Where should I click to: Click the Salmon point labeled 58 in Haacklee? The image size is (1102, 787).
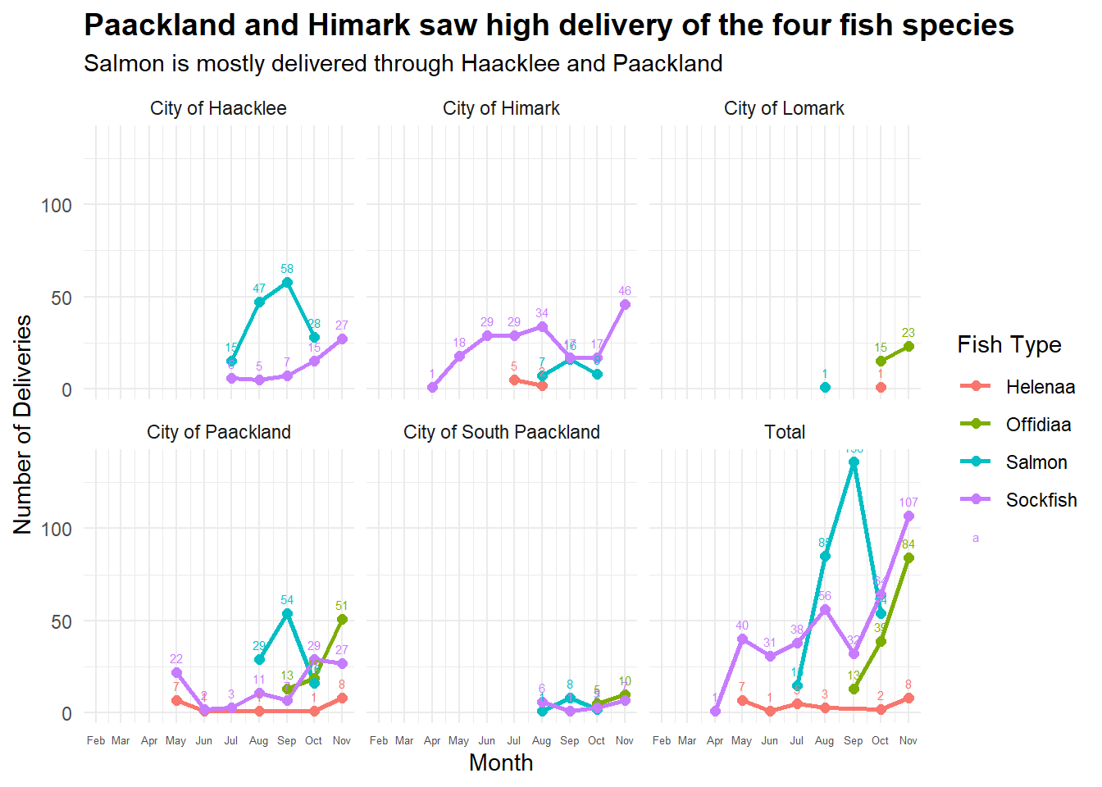pyautogui.click(x=287, y=283)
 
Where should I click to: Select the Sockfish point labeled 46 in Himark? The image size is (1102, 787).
pyautogui.click(x=625, y=305)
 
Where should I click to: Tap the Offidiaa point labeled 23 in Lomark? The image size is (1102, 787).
pyautogui.click(x=908, y=347)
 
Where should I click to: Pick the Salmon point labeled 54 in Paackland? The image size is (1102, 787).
pyautogui.click(x=287, y=614)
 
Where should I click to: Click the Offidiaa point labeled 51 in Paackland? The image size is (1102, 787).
pyautogui.click(x=342, y=620)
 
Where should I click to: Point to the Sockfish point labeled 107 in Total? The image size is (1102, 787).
pyautogui.click(x=908, y=516)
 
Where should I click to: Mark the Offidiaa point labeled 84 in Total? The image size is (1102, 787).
pyautogui.click(x=908, y=558)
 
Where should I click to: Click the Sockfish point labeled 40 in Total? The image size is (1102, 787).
pyautogui.click(x=742, y=639)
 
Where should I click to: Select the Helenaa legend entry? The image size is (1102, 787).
pyautogui.click(x=1040, y=387)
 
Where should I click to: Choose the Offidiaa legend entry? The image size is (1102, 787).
pyautogui.click(x=1038, y=425)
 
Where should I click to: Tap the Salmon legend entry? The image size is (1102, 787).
pyautogui.click(x=1036, y=462)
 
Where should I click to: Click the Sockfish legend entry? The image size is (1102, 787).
pyautogui.click(x=1041, y=500)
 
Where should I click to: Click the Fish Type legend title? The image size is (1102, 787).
pyautogui.click(x=1009, y=345)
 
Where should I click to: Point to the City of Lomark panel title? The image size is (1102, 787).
pyautogui.click(x=784, y=109)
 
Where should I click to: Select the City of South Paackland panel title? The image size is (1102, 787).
pyautogui.click(x=501, y=433)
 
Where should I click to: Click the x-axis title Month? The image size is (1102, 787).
pyautogui.click(x=501, y=763)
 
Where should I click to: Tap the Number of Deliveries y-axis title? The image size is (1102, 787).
pyautogui.click(x=23, y=425)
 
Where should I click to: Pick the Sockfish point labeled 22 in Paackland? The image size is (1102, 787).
pyautogui.click(x=176, y=673)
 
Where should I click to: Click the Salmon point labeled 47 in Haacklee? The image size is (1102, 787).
pyautogui.click(x=259, y=303)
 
